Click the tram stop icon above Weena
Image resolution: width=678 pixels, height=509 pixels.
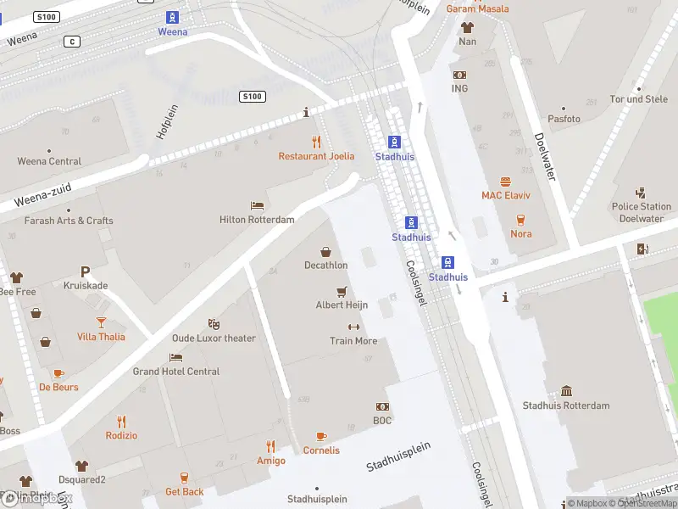[173, 17]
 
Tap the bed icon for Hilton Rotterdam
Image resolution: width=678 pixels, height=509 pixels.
[257, 205]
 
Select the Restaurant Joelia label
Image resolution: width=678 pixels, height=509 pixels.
[316, 156]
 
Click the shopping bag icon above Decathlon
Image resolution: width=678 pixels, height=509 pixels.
[325, 251]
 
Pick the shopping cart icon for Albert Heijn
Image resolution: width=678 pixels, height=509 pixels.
[342, 291]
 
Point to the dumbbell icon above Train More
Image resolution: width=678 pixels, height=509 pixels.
[353, 327]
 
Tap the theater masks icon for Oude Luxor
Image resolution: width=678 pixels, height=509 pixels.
[214, 324]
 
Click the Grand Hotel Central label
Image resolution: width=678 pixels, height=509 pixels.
[175, 372]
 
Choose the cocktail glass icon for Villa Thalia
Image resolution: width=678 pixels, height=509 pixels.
[101, 322]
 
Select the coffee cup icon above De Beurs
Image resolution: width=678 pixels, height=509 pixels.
[58, 373]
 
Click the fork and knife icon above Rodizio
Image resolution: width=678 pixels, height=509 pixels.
[121, 421]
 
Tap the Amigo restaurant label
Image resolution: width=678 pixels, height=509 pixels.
[270, 461]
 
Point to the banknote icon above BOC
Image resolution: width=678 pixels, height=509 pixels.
[382, 406]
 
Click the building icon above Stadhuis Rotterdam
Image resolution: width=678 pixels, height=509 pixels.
[566, 391]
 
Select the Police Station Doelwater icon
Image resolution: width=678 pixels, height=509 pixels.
[642, 193]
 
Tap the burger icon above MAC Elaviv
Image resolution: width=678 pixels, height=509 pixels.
[506, 182]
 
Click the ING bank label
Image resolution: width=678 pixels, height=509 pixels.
[459, 88]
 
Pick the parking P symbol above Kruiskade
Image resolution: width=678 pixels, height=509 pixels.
[85, 271]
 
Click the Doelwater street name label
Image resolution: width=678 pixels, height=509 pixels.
[544, 156]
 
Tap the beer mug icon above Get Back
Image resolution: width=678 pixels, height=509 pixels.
[184, 478]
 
